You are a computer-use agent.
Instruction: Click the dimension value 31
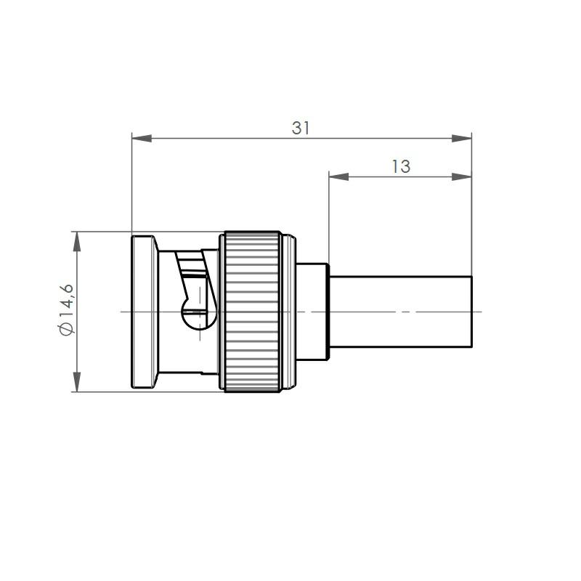(300, 128)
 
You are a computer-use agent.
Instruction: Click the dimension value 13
(401, 166)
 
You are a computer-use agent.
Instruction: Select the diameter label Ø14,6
(66, 310)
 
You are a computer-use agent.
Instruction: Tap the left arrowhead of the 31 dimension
(142, 139)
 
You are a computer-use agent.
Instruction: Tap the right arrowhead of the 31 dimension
(462, 139)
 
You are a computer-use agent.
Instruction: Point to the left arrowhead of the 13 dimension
(338, 176)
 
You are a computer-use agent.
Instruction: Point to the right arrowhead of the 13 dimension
(462, 176)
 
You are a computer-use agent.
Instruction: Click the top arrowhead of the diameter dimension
(77, 242)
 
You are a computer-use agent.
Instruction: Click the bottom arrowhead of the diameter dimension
(77, 382)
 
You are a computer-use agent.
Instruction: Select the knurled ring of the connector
(252, 312)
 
